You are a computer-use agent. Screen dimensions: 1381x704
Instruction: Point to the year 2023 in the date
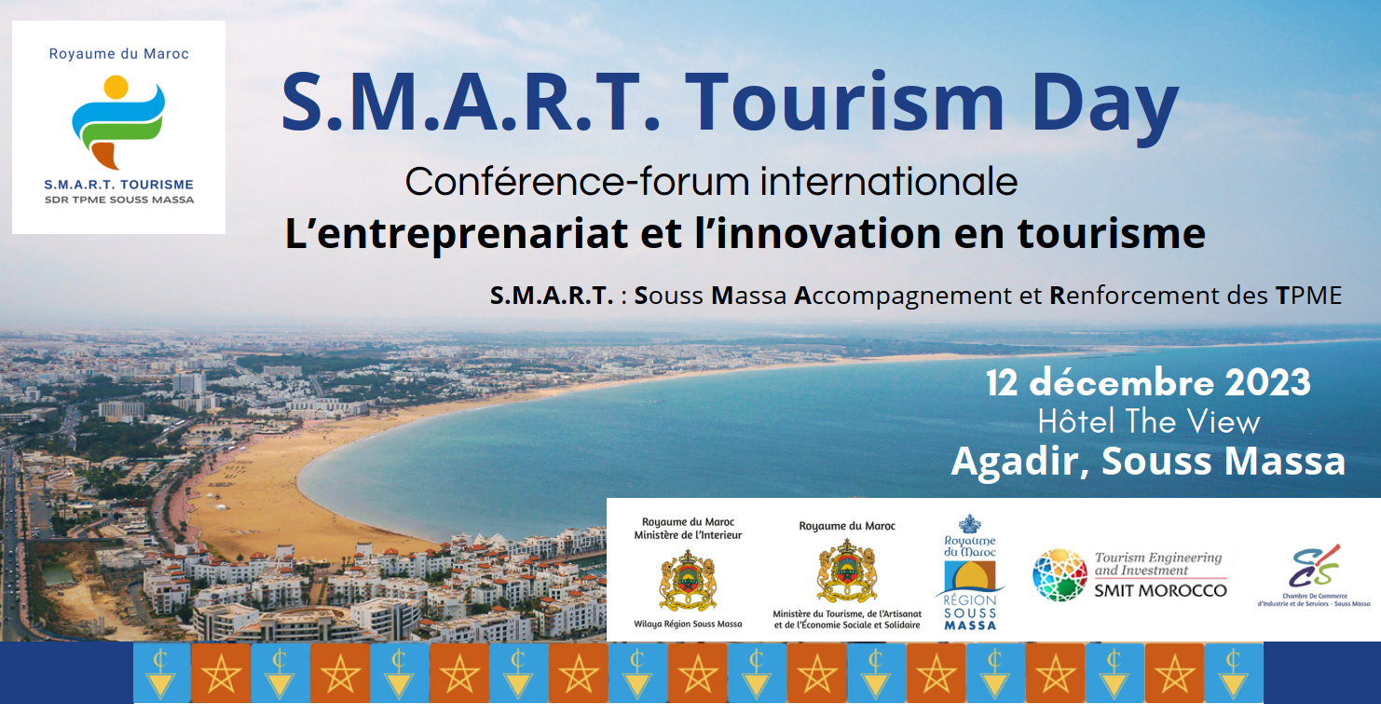tap(1267, 382)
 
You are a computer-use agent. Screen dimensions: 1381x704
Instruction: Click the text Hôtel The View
tap(1149, 422)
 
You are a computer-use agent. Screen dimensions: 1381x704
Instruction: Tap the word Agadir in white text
tap(1020, 462)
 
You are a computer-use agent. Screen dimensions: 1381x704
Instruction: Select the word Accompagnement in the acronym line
tap(903, 297)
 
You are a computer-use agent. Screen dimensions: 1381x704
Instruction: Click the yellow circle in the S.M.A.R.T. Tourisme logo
tap(116, 87)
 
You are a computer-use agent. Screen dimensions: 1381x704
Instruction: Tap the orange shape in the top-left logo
tap(106, 155)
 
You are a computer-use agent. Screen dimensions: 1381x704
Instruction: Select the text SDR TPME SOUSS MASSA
tap(119, 200)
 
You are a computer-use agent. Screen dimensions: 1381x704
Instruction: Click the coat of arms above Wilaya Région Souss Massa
tap(688, 580)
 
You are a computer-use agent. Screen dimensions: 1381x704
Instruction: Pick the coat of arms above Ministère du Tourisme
tap(847, 572)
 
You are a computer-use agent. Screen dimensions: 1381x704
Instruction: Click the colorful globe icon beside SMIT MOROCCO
tap(1060, 575)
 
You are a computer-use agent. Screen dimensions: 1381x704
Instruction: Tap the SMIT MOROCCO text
tap(1160, 591)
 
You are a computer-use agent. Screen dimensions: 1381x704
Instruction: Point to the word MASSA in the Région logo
tap(970, 626)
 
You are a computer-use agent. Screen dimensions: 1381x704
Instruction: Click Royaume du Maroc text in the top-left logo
tap(119, 54)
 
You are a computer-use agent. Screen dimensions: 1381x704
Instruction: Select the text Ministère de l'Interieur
tap(688, 535)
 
